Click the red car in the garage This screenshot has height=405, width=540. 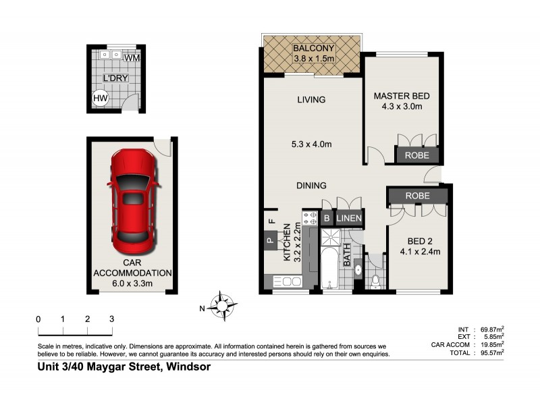point(132,199)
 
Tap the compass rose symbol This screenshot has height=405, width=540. point(220,305)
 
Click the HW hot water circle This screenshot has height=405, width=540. point(100,99)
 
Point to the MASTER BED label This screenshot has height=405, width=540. point(402,96)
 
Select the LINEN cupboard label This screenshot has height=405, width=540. point(350,218)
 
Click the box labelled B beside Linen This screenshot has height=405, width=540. point(326,218)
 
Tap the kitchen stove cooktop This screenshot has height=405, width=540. point(310,218)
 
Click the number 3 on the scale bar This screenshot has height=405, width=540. point(111,319)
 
